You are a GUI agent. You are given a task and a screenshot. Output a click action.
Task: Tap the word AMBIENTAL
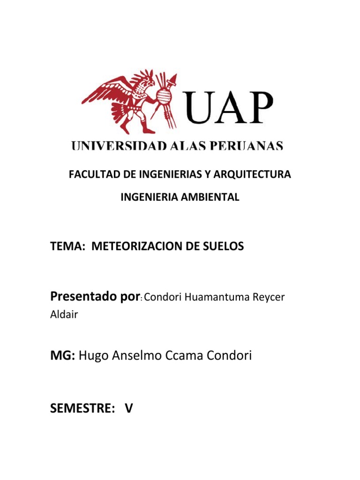pos(214,197)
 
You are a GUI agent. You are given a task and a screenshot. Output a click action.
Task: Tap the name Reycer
pos(269,298)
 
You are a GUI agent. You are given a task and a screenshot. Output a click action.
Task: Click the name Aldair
pos(64,315)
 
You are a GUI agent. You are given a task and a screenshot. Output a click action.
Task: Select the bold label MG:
pos(63,356)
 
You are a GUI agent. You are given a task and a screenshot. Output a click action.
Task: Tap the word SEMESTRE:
pos(83,409)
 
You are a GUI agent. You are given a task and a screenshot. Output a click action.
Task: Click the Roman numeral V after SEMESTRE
pos(128,409)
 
